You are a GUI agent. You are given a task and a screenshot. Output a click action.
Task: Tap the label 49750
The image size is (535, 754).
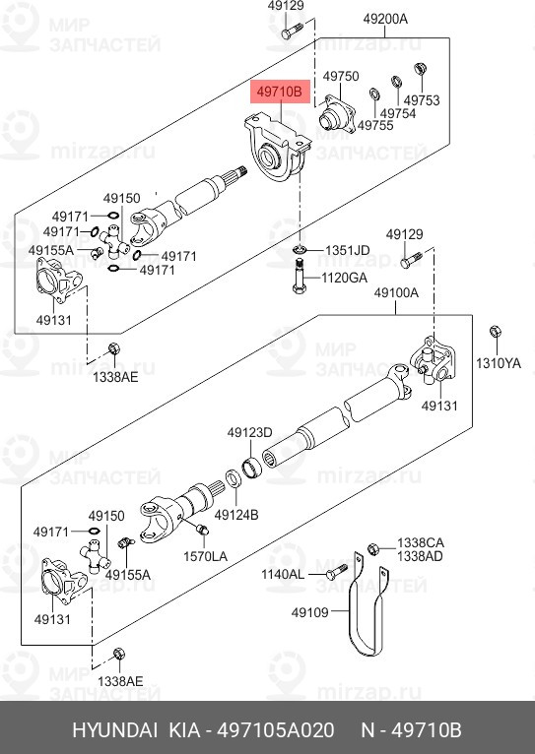[341, 76]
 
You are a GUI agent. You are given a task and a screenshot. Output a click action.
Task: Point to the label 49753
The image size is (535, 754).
[422, 100]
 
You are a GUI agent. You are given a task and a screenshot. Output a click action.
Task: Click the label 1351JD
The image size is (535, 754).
[347, 250]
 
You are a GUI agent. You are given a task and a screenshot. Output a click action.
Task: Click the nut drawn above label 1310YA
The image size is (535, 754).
[497, 334]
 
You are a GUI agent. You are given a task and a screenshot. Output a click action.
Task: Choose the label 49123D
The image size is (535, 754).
[249, 432]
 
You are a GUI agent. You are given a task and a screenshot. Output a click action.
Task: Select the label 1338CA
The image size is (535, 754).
[421, 542]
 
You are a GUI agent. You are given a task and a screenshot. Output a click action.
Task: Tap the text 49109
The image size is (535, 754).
[308, 612]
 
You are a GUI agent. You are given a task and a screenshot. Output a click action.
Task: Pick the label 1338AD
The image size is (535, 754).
[421, 556]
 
